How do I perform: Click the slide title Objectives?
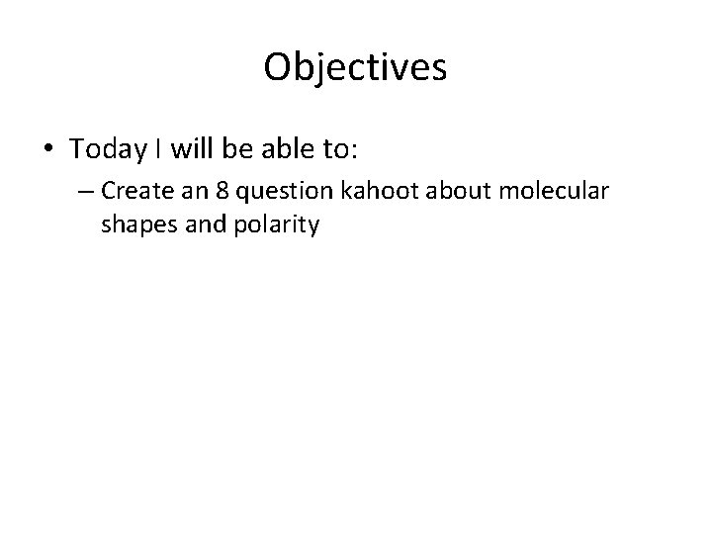(x=356, y=67)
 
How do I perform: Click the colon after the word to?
(x=354, y=150)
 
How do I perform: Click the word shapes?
(x=133, y=225)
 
